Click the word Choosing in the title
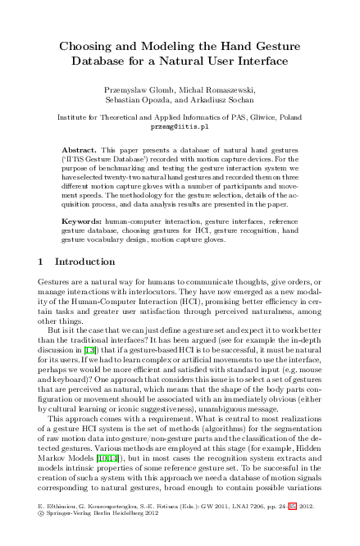pos(89,47)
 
